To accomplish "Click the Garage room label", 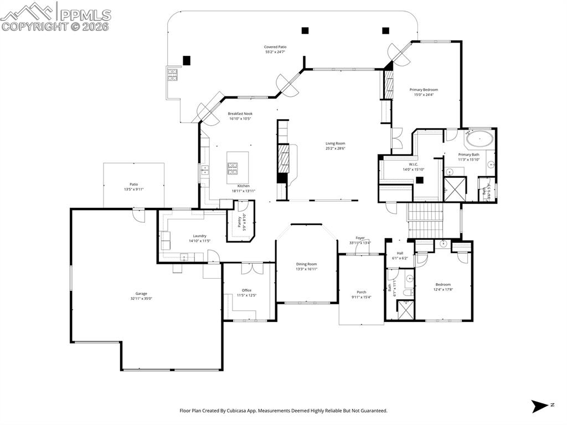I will point(141,294).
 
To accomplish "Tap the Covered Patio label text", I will point(275,47).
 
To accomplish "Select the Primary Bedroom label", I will point(424,90).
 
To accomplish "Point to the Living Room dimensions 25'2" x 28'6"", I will point(335,149).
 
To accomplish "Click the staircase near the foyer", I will point(426,219).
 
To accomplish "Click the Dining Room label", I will point(306,264).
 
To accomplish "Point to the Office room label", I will point(246,290).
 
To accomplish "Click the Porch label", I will point(361,293).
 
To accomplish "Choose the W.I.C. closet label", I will point(413,165).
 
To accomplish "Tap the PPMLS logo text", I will point(85,15).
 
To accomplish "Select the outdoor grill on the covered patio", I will point(172,74).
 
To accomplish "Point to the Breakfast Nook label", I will point(240,114).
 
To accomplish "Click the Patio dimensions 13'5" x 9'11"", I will point(134,189).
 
